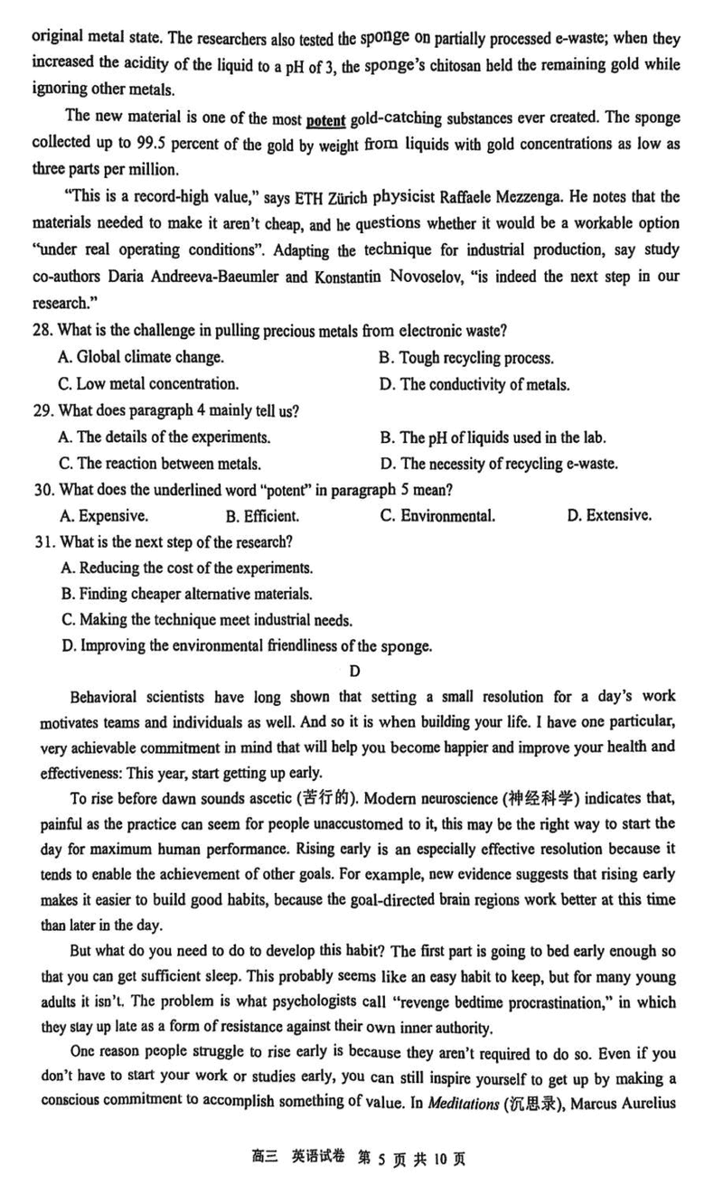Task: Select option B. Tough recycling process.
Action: pyautogui.click(x=465, y=358)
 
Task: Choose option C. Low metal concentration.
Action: pyautogui.click(x=148, y=384)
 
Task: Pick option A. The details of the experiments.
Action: pyautogui.click(x=164, y=437)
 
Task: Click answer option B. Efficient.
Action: pyautogui.click(x=262, y=516)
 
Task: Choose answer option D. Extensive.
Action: pyautogui.click(x=608, y=516)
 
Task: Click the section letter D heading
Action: pyautogui.click(x=354, y=671)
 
